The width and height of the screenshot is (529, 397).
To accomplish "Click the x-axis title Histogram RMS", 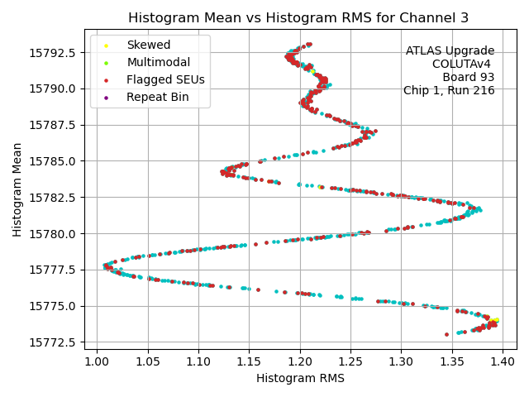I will pos(300,378).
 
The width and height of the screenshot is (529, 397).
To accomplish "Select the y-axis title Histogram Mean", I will pos(17,189).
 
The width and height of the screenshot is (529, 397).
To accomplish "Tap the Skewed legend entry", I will pos(148,45).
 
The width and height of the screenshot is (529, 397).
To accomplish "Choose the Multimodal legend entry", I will pos(158,62).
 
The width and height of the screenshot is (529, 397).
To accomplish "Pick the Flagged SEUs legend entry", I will pos(165,79).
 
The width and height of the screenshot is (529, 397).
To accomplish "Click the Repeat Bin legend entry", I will pos(157,97).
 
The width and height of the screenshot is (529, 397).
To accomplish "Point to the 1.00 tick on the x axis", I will pos(97,361).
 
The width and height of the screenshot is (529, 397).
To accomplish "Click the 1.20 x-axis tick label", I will pos(300,361).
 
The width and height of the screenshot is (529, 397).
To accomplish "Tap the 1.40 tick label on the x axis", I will pos(503,361).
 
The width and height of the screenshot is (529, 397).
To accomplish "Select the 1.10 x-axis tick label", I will pos(198,361).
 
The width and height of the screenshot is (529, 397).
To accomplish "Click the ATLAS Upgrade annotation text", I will pos(450,51).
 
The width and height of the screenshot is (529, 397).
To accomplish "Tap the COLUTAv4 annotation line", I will pos(463,65).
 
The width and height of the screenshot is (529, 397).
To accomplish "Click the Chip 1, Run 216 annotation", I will pos(449,91).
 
